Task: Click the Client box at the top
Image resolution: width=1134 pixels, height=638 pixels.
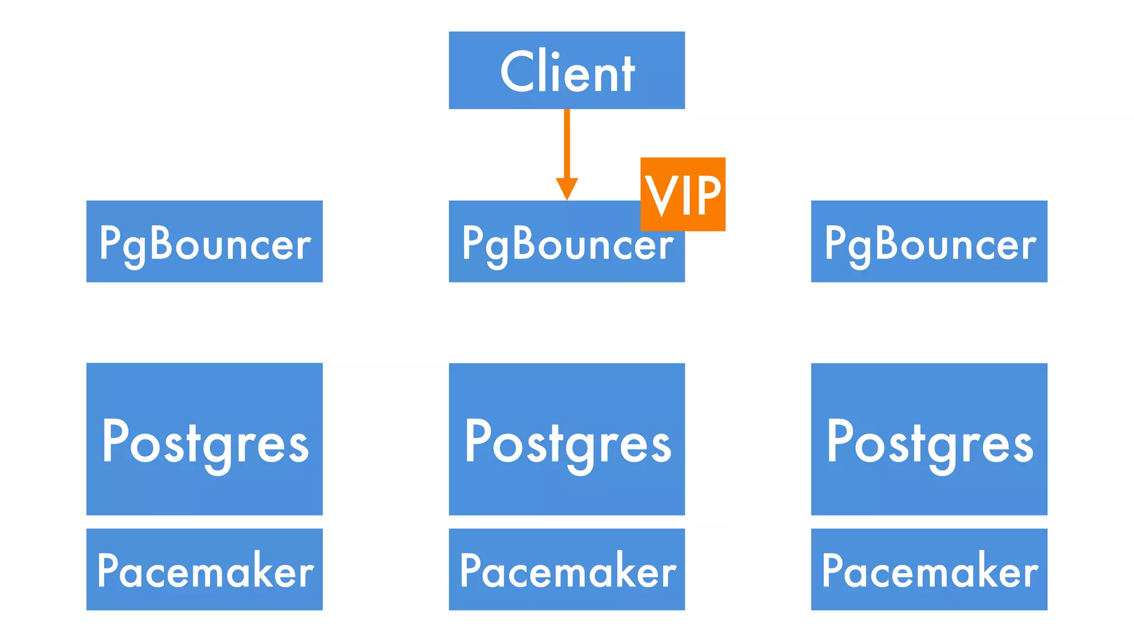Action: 566,70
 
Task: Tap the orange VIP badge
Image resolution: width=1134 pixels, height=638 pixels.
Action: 683,194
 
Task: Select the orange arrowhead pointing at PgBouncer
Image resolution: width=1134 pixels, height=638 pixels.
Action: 566,188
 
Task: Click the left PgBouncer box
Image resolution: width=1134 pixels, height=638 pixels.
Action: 204,241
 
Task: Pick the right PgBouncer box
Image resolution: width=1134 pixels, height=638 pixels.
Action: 929,241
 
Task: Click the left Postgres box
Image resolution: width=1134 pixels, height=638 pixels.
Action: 204,439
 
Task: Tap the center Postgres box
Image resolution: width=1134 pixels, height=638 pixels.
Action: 566,439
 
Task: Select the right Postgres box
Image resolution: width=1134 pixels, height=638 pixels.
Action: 929,439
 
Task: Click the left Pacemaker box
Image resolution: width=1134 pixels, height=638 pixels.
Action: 204,569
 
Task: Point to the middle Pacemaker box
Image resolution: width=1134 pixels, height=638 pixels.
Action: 566,569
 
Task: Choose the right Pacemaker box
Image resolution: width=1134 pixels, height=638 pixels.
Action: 929,569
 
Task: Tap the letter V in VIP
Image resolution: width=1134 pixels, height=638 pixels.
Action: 662,195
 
